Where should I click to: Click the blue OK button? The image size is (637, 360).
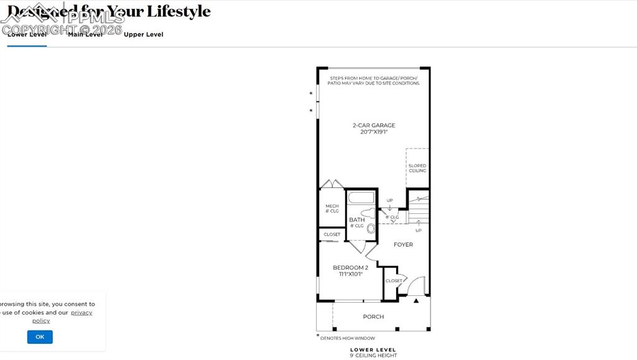coord(40,337)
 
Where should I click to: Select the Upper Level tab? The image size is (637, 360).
coord(143,35)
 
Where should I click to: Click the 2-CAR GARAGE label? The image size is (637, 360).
coord(374,126)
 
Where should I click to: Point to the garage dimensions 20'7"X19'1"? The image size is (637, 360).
coord(374,132)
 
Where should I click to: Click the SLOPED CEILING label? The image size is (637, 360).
coord(417,168)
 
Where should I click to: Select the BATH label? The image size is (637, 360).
coord(357,220)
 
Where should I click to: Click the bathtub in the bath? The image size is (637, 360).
coord(361,198)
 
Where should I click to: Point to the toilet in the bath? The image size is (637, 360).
coord(371,228)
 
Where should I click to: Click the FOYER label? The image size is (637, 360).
coord(403,245)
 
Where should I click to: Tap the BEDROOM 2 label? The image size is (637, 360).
coord(350,268)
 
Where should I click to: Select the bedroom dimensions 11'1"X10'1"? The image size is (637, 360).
coord(350,274)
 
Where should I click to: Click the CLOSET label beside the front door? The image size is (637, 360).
coord(394,281)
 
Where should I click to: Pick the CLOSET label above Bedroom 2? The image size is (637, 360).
coord(332,234)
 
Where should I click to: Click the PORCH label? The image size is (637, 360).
coord(373,317)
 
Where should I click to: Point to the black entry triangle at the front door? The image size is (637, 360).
coord(416,301)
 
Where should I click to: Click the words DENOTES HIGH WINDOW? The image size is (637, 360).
coord(348,338)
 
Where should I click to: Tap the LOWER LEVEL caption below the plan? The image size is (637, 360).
coord(373,350)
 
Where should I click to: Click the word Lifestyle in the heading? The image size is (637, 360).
coord(179,11)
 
